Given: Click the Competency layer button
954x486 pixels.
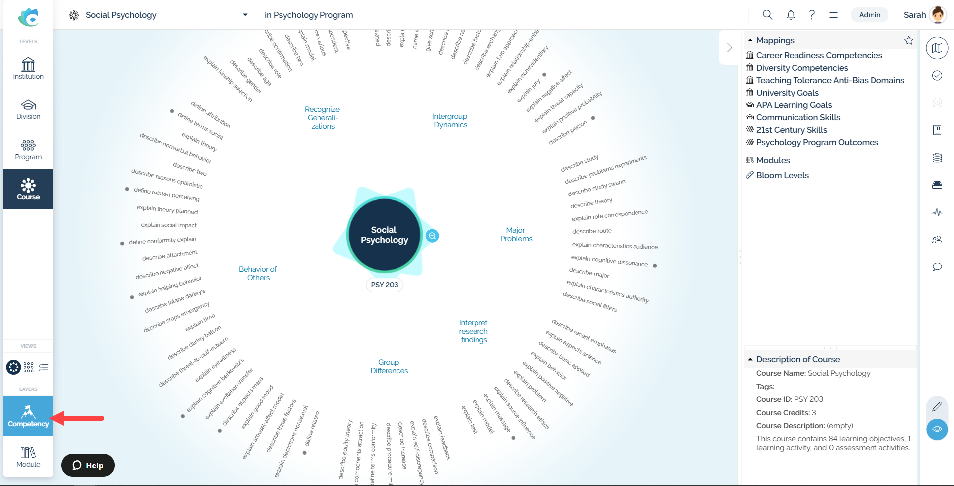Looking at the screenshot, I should pyautogui.click(x=28, y=416).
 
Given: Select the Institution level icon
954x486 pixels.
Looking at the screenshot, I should pyautogui.click(x=28, y=69).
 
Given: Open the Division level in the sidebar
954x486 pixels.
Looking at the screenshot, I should pyautogui.click(x=28, y=109).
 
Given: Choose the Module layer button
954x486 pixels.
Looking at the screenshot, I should pyautogui.click(x=28, y=457).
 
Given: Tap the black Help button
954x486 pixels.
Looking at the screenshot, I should pyautogui.click(x=88, y=465).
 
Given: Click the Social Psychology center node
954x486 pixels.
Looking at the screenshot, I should pyautogui.click(x=384, y=235).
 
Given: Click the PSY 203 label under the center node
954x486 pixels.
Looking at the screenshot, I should pyautogui.click(x=384, y=285).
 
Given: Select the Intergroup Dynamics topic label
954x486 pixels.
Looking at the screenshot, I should pyautogui.click(x=450, y=120).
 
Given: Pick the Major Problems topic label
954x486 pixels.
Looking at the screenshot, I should pyautogui.click(x=516, y=234).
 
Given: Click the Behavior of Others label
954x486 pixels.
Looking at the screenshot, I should pyautogui.click(x=258, y=273).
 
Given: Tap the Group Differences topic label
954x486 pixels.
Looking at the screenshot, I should pyautogui.click(x=389, y=366).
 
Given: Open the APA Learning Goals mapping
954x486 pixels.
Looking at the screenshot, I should pyautogui.click(x=794, y=105).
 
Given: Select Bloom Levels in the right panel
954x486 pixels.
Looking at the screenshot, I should pyautogui.click(x=782, y=175).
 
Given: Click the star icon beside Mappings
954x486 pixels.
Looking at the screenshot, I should pyautogui.click(x=908, y=40).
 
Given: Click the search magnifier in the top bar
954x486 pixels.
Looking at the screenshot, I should pyautogui.click(x=767, y=15).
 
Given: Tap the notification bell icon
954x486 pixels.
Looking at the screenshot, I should pyautogui.click(x=791, y=15).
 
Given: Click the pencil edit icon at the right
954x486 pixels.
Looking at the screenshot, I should pyautogui.click(x=937, y=407).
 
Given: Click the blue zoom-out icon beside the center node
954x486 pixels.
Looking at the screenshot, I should pyautogui.click(x=432, y=236).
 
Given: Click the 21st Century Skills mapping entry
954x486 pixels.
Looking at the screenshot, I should pyautogui.click(x=791, y=130).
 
